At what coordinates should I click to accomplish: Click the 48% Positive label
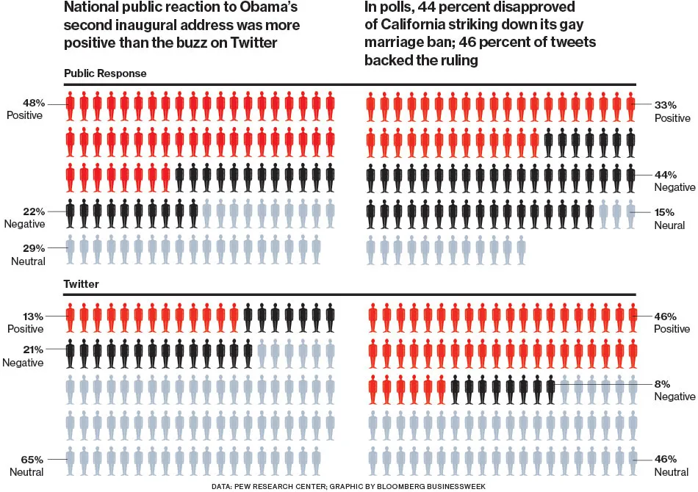point(25,109)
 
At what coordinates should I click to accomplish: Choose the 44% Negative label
point(672,181)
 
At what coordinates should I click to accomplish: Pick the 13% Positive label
point(25,322)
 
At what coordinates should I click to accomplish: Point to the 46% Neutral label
point(670,465)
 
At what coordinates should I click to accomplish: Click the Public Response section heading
point(105,73)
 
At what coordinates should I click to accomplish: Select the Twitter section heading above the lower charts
point(82,283)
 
